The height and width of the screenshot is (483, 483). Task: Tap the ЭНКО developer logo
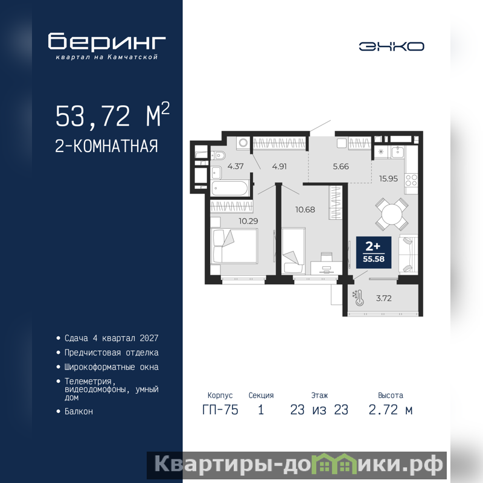[391, 46]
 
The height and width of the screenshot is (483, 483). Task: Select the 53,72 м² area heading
[112, 115]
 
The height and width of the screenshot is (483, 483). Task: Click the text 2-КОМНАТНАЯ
[106, 146]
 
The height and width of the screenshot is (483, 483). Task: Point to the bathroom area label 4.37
[235, 167]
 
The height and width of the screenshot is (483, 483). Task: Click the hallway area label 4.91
[280, 167]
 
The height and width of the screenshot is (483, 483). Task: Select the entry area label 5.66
[341, 167]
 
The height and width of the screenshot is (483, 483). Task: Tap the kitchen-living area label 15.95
[388, 179]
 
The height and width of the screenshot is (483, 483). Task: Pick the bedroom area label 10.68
[305, 210]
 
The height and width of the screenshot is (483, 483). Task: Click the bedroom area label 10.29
[248, 221]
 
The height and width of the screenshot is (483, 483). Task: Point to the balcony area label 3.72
[384, 298]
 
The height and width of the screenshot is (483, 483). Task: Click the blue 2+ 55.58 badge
[374, 252]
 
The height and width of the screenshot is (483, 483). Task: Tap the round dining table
[392, 214]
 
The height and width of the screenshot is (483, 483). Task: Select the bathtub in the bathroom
[230, 188]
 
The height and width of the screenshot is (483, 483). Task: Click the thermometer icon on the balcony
[358, 298]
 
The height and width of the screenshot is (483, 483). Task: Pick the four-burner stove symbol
[411, 180]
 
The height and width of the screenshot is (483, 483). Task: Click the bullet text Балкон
[78, 412]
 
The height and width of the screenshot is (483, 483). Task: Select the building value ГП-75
[220, 410]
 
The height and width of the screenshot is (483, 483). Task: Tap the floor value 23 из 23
[319, 410]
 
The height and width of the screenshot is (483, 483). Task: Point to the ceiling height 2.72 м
[390, 410]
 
